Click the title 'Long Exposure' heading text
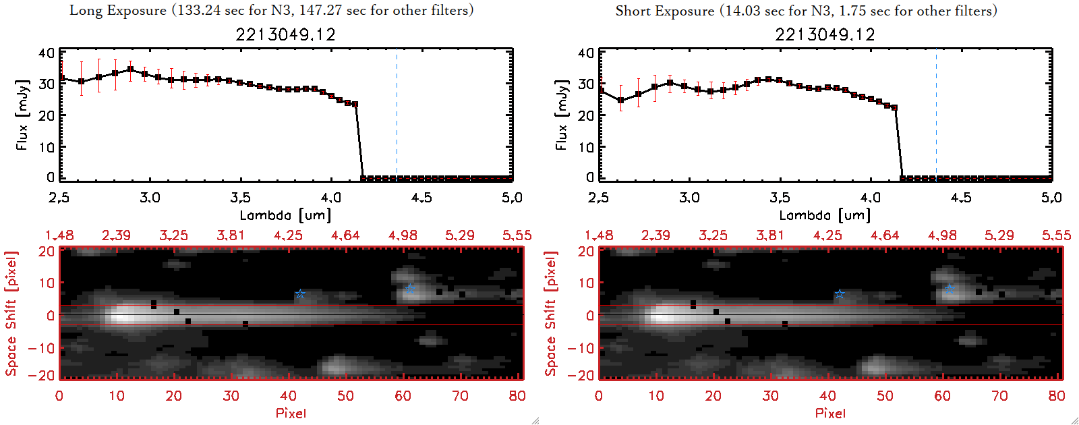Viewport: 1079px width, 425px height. pos(118,11)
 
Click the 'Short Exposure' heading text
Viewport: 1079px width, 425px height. pos(664,11)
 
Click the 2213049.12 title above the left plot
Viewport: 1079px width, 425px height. pos(285,34)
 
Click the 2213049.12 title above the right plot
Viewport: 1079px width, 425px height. pos(825,34)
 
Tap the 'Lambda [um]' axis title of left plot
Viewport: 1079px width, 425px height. pos(285,215)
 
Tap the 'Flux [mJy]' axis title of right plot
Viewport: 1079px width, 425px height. pos(561,115)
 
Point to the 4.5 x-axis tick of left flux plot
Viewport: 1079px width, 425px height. pos(421,198)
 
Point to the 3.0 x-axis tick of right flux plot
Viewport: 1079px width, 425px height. pos(689,198)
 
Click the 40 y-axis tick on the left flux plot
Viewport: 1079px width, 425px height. pos(47,53)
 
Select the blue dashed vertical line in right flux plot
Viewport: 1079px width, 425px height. pos(936,115)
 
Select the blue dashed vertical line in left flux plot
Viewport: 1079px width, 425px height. pos(397,115)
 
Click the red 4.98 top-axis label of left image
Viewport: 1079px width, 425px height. pos(403,235)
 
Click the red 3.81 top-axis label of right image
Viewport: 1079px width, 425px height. pos(770,235)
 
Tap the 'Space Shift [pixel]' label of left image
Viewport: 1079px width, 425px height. pos(11,314)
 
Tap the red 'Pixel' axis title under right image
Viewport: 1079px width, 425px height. pos(830,413)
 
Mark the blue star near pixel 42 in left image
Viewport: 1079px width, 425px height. pos(300,294)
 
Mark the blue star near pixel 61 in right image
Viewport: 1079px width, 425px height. pos(950,288)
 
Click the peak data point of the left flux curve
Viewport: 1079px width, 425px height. pos(131,69)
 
